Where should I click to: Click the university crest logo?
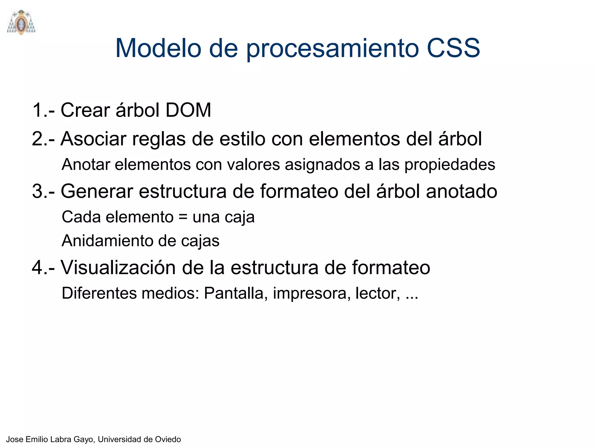(21, 22)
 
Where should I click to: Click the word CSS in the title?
(453, 48)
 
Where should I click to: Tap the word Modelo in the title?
(158, 48)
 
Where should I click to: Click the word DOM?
(188, 110)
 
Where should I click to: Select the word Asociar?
(93, 139)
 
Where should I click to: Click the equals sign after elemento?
(183, 217)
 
